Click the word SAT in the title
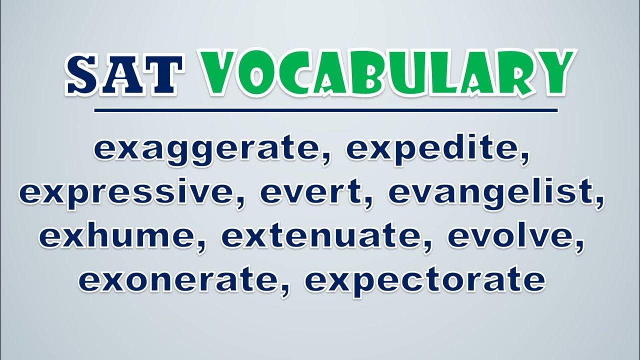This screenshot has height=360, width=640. [124, 74]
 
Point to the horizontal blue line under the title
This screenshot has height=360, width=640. [325, 110]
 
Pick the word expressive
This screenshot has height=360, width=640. [128, 193]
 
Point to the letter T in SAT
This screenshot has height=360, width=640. [164, 75]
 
